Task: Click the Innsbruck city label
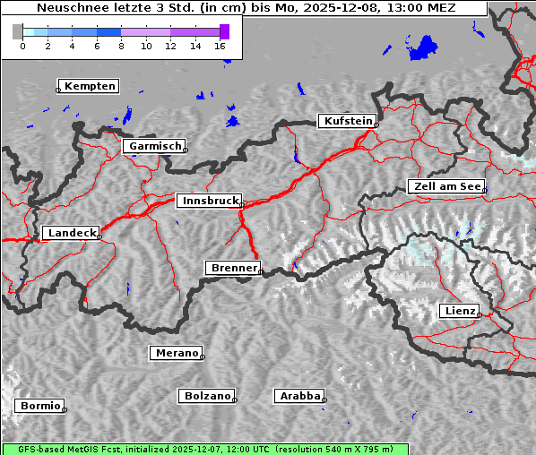pyautogui.click(x=208, y=201)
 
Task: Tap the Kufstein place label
pyautogui.click(x=346, y=121)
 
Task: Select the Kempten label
pyautogui.click(x=89, y=86)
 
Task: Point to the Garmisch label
pyautogui.click(x=154, y=146)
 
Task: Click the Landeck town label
pyautogui.click(x=70, y=233)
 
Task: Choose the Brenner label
pyautogui.click(x=233, y=268)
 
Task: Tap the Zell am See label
pyautogui.click(x=445, y=186)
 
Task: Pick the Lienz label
pyautogui.click(x=459, y=311)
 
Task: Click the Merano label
pyautogui.click(x=176, y=353)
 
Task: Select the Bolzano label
pyautogui.click(x=207, y=396)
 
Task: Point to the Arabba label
pyautogui.click(x=298, y=395)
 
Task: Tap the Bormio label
pyautogui.click(x=39, y=406)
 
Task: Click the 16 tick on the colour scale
pyautogui.click(x=220, y=45)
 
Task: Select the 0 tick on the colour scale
pyautogui.click(x=22, y=45)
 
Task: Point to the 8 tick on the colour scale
pyautogui.click(x=121, y=45)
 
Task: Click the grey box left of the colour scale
pyautogui.click(x=18, y=32)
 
